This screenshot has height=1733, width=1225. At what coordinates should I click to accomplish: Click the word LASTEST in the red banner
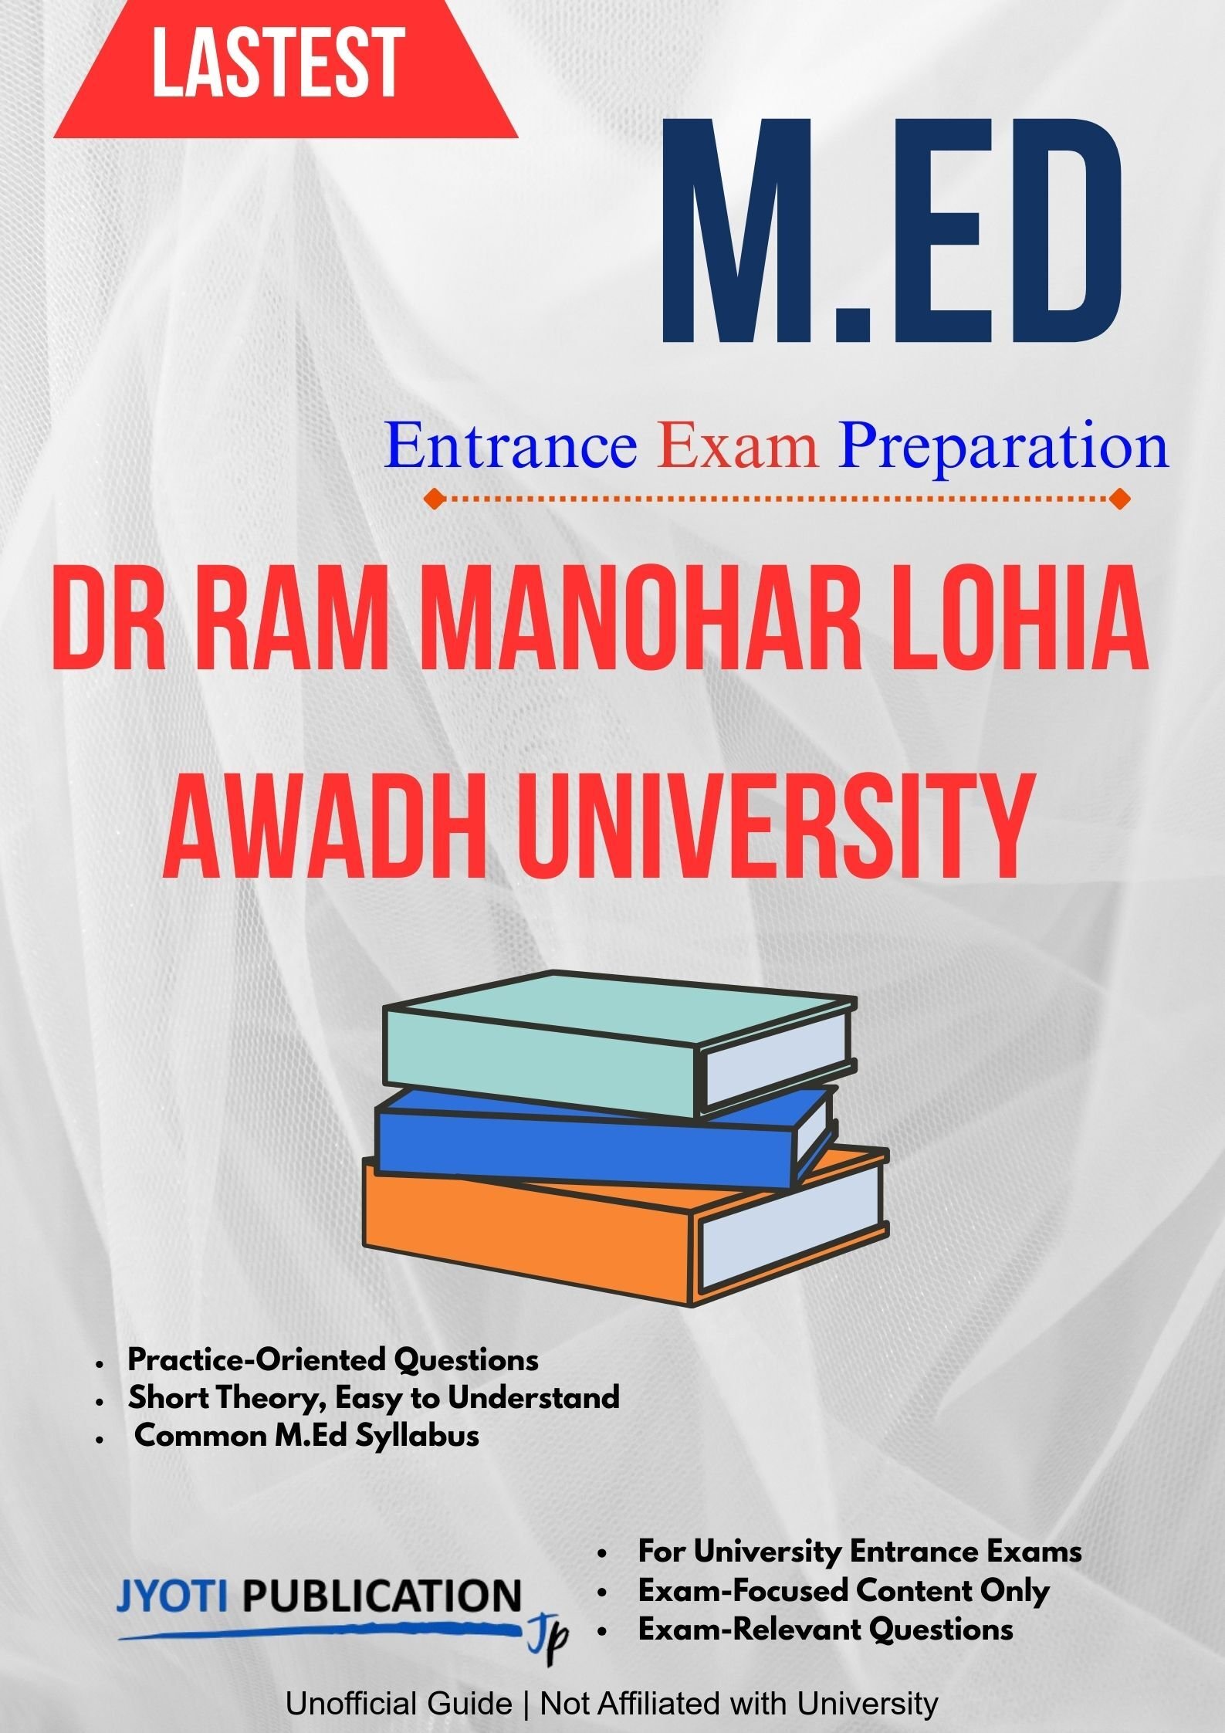point(278,63)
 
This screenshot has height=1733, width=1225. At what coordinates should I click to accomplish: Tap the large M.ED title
point(892,232)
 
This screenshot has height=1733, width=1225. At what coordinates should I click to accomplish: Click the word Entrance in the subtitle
point(511,448)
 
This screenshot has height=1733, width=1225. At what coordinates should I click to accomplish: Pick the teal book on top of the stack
point(618,1041)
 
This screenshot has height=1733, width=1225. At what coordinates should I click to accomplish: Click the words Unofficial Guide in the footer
point(398,1704)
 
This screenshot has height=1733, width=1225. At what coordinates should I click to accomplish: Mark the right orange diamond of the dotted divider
point(1119,499)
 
